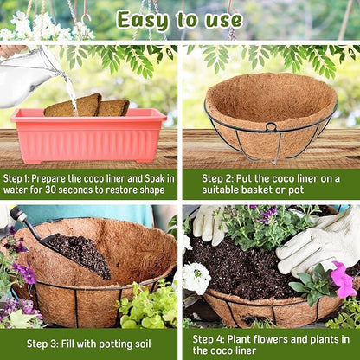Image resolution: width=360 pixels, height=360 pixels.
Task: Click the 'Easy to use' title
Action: point(179,20)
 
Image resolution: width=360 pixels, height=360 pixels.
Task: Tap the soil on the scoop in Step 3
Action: point(82,255)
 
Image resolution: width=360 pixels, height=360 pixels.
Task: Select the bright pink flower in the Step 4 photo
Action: point(343,280)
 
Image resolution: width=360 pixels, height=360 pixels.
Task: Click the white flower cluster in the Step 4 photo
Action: point(196,278)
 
